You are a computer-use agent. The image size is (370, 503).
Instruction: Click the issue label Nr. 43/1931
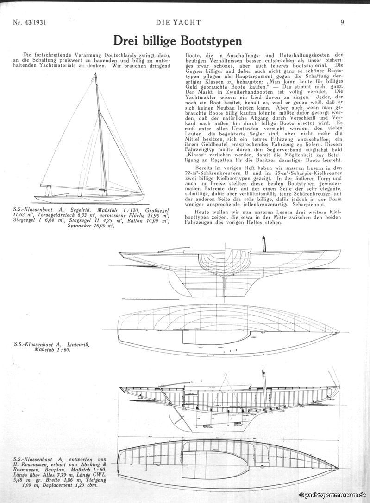tap(31, 21)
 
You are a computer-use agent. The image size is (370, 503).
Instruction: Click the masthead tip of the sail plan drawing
tap(96, 74)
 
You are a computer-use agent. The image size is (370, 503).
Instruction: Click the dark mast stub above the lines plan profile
tap(263, 243)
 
